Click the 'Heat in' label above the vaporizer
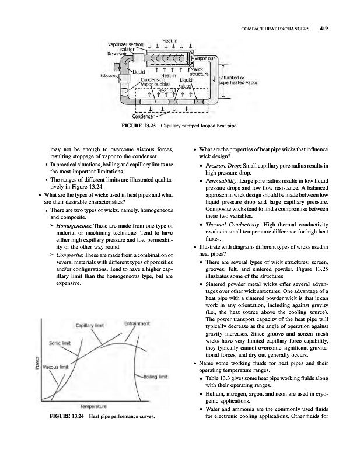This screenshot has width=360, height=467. click(x=169, y=36)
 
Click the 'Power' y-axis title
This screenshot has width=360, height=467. click(x=37, y=363)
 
